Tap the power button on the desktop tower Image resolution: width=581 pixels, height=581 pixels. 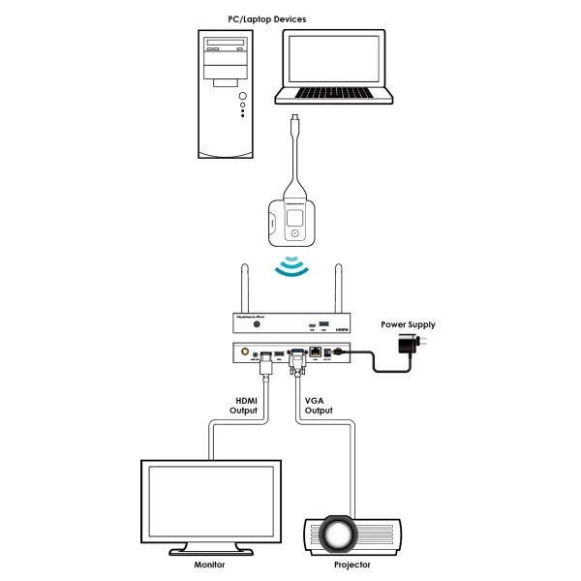[241, 96]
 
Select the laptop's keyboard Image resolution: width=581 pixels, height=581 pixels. [334, 93]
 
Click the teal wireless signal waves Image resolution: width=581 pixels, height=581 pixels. [290, 266]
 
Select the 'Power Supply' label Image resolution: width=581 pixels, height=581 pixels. [408, 324]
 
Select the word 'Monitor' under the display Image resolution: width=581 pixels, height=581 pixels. [209, 564]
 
